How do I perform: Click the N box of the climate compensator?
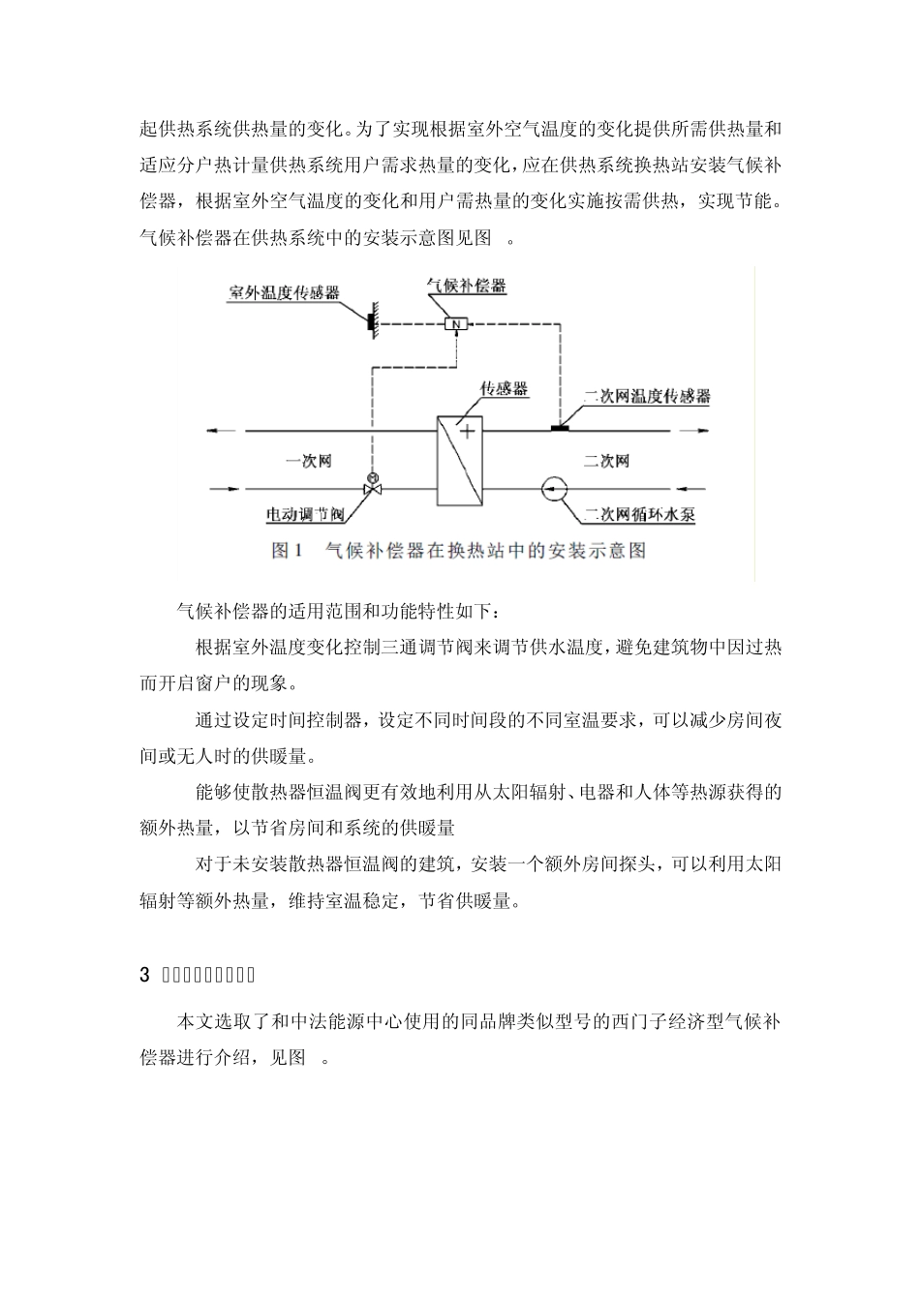coord(455,324)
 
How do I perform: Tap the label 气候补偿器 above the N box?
coord(467,287)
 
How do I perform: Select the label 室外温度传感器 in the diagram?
coord(284,291)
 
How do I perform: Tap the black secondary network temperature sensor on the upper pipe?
coord(560,427)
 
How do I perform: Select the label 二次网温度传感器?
coord(646,397)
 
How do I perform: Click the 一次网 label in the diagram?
coord(308,461)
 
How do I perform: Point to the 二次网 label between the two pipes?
coord(607,461)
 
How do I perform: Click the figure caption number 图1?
coord(288,551)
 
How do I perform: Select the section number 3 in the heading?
coord(145,975)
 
